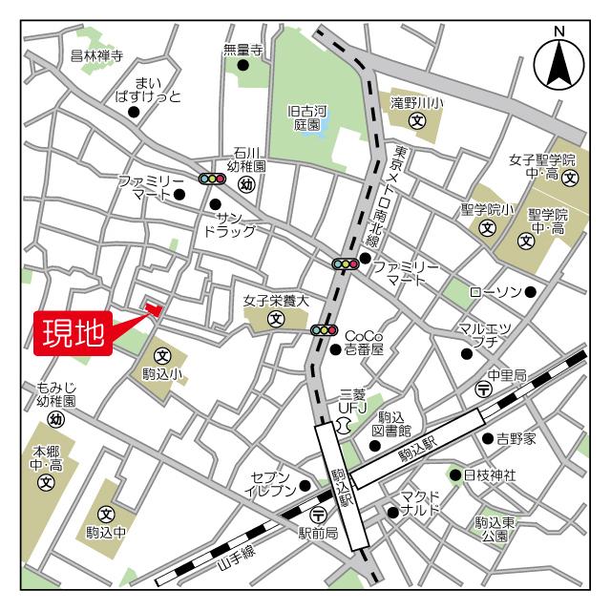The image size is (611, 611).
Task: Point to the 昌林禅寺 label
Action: pyautogui.click(x=97, y=56)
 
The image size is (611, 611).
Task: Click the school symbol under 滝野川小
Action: pyautogui.click(x=416, y=121)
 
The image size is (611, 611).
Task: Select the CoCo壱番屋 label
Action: pyautogui.click(x=364, y=343)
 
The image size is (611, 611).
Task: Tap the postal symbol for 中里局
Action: pyautogui.click(x=483, y=390)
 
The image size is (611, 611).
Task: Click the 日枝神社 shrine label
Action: pyautogui.click(x=490, y=474)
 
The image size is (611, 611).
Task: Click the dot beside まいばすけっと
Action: pyautogui.click(x=134, y=112)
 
